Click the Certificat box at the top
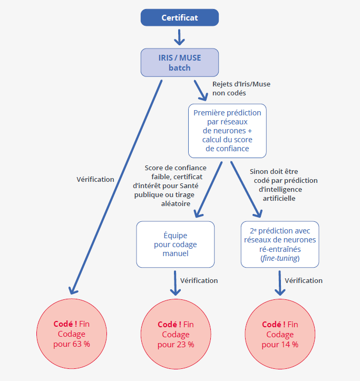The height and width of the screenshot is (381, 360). pyautogui.click(x=180, y=17)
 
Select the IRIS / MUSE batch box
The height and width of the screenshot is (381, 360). pyautogui.click(x=180, y=62)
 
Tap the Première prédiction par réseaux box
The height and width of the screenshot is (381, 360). pyautogui.click(x=227, y=131)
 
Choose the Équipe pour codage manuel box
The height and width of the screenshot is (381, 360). pyautogui.click(x=175, y=245)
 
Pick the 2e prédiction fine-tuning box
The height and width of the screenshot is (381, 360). pyautogui.click(x=280, y=245)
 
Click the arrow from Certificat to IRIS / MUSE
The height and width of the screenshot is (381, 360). pyautogui.click(x=180, y=37)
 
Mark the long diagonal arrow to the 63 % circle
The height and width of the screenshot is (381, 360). pyautogui.click(x=116, y=184)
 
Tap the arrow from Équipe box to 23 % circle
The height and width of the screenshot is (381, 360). pyautogui.click(x=174, y=283)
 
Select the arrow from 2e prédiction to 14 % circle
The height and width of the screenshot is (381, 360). pyautogui.click(x=279, y=283)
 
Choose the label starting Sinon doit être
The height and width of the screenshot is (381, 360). pyautogui.click(x=281, y=185)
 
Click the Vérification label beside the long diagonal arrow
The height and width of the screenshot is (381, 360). pyautogui.click(x=95, y=179)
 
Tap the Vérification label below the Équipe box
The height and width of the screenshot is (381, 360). pyautogui.click(x=199, y=280)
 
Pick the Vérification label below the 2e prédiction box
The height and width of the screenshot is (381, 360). pyautogui.click(x=303, y=280)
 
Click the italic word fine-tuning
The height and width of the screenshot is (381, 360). pyautogui.click(x=280, y=259)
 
